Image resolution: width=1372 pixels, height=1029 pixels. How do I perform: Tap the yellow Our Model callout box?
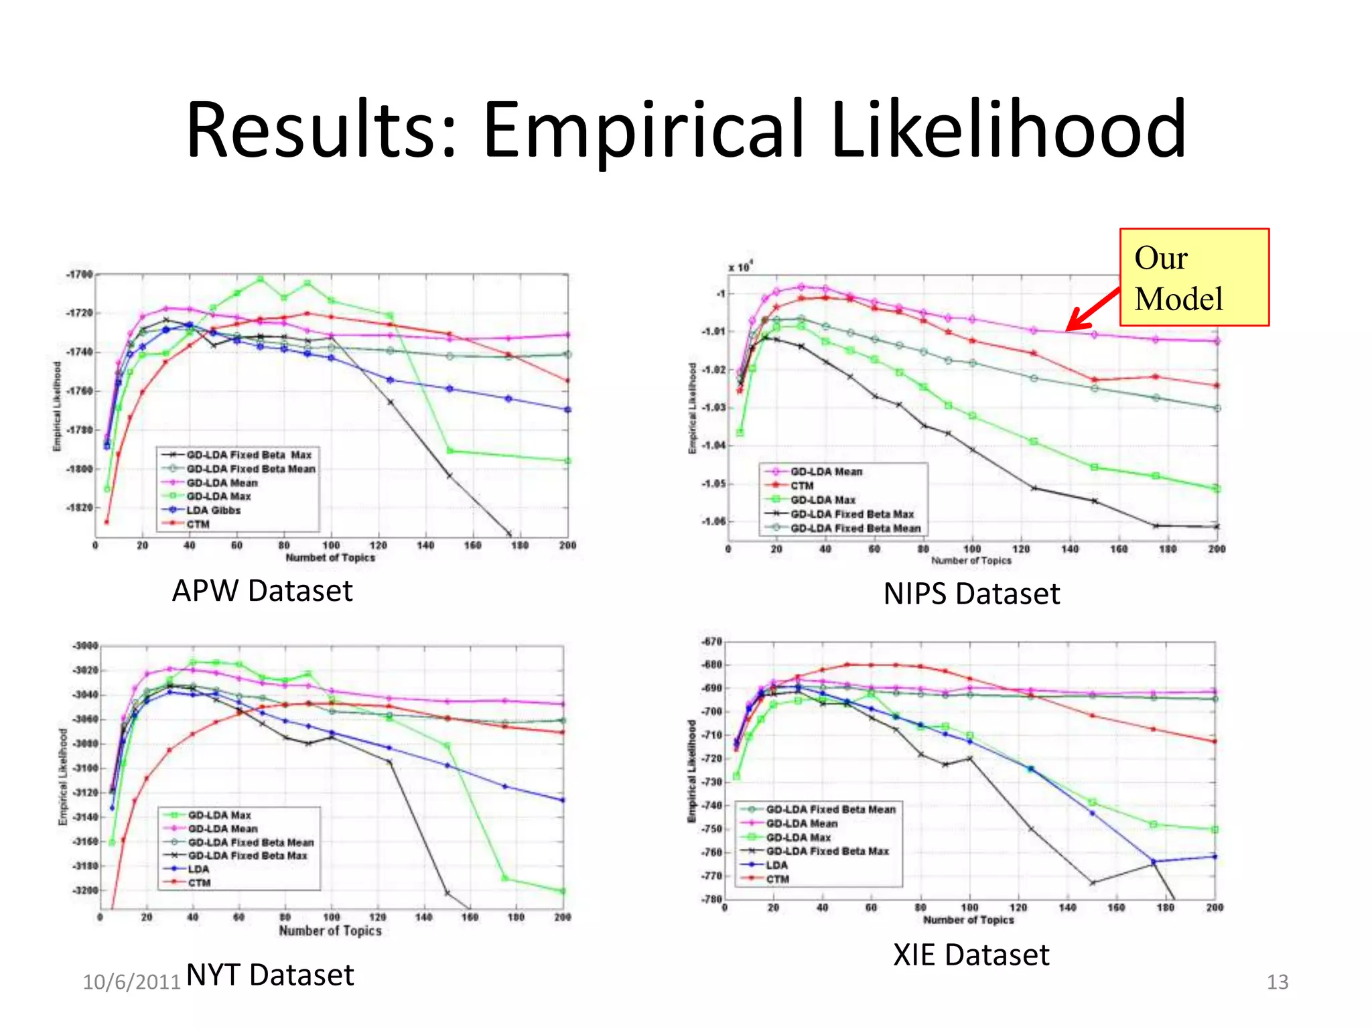[x=1194, y=277]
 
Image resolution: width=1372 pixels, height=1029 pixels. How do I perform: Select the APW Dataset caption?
[x=262, y=591]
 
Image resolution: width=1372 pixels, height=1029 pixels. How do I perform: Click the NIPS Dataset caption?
[x=971, y=594]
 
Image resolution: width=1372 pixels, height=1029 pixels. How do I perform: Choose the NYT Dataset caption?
[x=270, y=975]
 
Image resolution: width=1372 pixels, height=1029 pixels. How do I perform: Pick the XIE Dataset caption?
[x=971, y=955]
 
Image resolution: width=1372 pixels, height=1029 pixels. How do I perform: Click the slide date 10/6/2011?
[x=131, y=982]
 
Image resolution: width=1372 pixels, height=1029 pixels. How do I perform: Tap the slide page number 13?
[x=1277, y=982]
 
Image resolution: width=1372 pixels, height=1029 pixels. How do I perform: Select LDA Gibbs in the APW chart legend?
[x=213, y=510]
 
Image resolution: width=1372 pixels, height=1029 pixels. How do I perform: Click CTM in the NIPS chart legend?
[x=802, y=486]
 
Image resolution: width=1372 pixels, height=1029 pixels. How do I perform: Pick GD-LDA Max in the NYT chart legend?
[x=219, y=815]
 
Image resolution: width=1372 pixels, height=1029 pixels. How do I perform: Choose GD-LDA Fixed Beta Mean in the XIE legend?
[x=831, y=809]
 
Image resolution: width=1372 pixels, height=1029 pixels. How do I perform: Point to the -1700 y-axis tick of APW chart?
[x=80, y=274]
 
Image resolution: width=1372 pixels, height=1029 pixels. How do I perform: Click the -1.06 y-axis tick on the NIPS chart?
[x=713, y=521]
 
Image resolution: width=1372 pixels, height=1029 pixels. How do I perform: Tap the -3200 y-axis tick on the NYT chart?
[x=85, y=890]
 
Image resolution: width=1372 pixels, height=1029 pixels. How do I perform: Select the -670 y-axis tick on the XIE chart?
[x=711, y=642]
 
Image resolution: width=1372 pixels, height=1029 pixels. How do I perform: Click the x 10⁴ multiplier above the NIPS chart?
[x=740, y=267]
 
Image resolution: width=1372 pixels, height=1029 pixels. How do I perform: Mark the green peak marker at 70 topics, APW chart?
[x=261, y=279]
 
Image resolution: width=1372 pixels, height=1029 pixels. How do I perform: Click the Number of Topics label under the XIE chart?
[x=968, y=920]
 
